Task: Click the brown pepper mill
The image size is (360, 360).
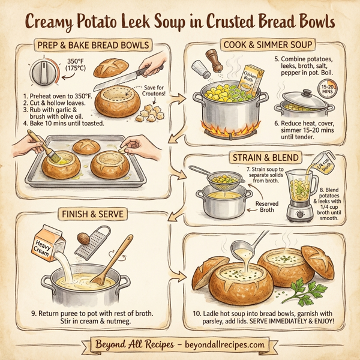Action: point(212,61)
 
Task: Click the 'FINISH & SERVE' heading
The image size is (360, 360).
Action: point(90,214)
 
